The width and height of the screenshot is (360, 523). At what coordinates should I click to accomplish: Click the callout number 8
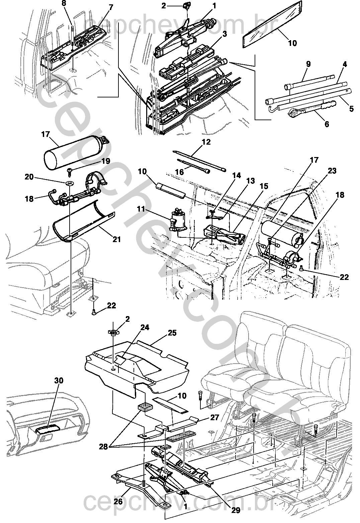click(x=64, y=3)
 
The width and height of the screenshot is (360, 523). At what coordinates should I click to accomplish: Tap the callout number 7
click(x=111, y=7)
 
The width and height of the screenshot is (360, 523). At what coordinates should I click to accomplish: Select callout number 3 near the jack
click(x=224, y=34)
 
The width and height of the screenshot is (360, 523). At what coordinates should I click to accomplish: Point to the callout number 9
click(x=308, y=64)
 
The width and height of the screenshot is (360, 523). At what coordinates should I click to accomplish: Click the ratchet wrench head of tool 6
click(x=292, y=113)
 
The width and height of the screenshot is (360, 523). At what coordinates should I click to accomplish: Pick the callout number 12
click(x=206, y=142)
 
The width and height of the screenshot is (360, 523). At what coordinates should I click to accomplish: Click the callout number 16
click(x=179, y=172)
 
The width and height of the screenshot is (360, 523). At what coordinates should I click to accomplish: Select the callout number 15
click(x=264, y=186)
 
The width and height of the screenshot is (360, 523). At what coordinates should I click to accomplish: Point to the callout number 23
click(x=332, y=171)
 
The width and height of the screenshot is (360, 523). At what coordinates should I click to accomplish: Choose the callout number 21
click(x=117, y=239)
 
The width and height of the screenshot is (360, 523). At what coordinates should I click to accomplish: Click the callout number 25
click(x=172, y=333)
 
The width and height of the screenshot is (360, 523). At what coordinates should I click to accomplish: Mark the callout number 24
click(x=145, y=327)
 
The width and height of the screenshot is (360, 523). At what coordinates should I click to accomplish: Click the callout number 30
click(x=59, y=381)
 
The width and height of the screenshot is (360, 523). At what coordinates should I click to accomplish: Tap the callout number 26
click(x=118, y=501)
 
